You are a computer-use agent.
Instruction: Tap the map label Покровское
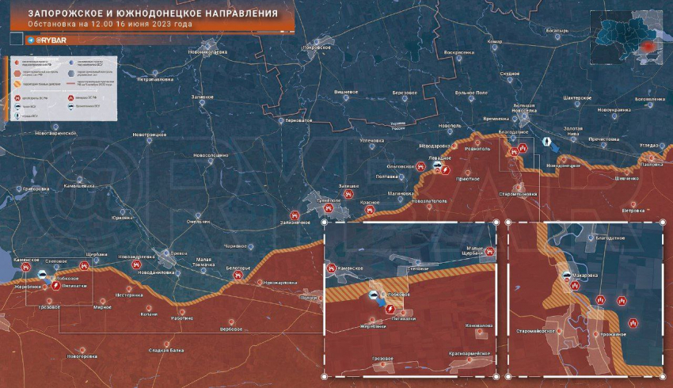pyautogui.click(x=321, y=47)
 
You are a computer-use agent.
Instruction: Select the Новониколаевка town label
pyautogui.click(x=208, y=52)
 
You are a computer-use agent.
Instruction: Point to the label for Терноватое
pyautogui.click(x=298, y=120)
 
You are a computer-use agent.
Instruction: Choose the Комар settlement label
pyautogui.click(x=495, y=41)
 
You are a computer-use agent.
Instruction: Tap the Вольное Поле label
pyautogui.click(x=471, y=93)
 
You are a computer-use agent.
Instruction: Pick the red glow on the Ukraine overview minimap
pyautogui.click(x=648, y=47)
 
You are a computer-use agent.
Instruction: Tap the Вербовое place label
pyautogui.click(x=231, y=329)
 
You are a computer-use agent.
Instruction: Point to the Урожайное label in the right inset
pyautogui.click(x=611, y=335)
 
